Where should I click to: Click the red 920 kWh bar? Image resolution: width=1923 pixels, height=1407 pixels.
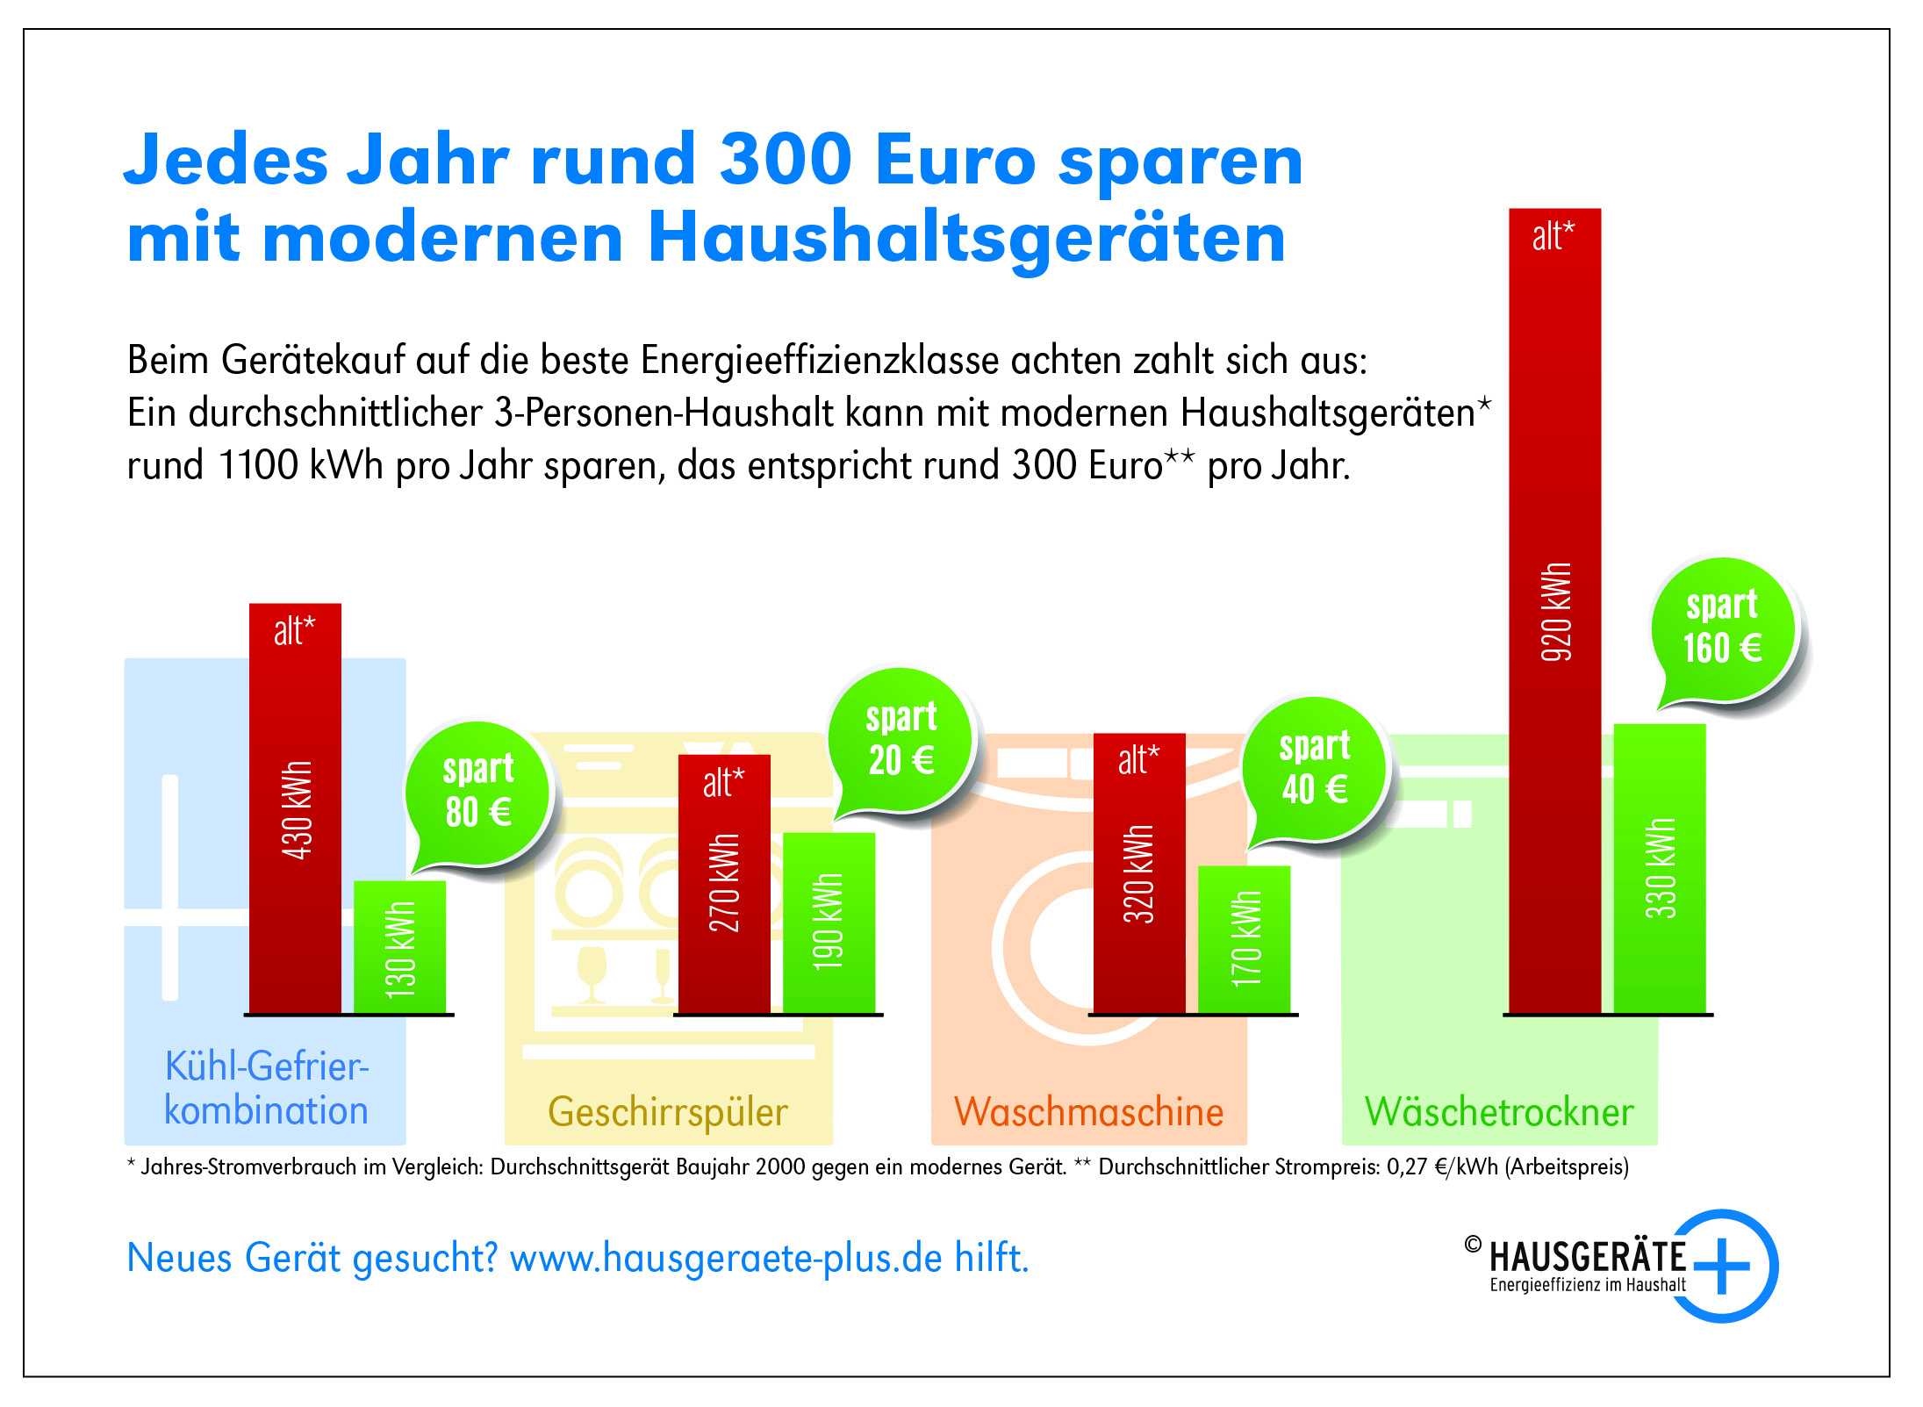tap(1554, 611)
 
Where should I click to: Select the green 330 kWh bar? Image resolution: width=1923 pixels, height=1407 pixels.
tap(1659, 869)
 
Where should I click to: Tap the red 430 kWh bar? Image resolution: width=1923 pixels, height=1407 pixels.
tap(295, 808)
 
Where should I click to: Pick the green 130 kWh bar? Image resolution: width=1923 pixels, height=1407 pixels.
tap(399, 947)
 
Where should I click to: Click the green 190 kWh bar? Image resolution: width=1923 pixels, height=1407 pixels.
tap(829, 922)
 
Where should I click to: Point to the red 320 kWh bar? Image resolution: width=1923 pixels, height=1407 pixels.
tap(1139, 873)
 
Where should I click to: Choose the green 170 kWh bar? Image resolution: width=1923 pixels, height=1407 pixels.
tap(1244, 939)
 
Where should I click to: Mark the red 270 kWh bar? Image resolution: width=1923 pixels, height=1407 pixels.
tap(724, 884)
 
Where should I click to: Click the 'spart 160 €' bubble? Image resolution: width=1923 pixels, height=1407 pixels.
tap(1724, 628)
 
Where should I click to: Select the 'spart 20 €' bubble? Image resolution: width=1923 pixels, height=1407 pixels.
tap(901, 739)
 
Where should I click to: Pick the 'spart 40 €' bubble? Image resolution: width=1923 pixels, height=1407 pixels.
tap(1314, 768)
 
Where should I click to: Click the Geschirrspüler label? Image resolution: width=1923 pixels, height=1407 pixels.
tap(668, 1112)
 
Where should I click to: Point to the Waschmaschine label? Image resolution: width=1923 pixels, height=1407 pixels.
tap(1088, 1112)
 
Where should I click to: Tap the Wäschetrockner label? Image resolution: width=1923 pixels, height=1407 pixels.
tap(1499, 1112)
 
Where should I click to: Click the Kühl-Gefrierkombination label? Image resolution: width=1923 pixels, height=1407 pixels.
tap(266, 1088)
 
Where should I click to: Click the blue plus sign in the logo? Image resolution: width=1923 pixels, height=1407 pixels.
tap(1722, 1266)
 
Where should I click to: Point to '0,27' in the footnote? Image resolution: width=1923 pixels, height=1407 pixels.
tap(1406, 1167)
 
